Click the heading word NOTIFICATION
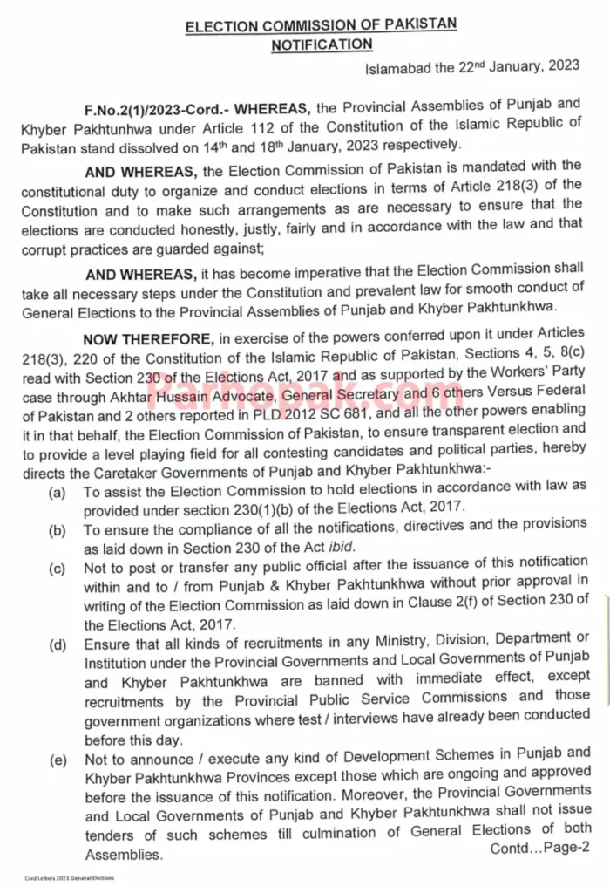[322, 44]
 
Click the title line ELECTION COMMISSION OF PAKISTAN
[321, 25]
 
